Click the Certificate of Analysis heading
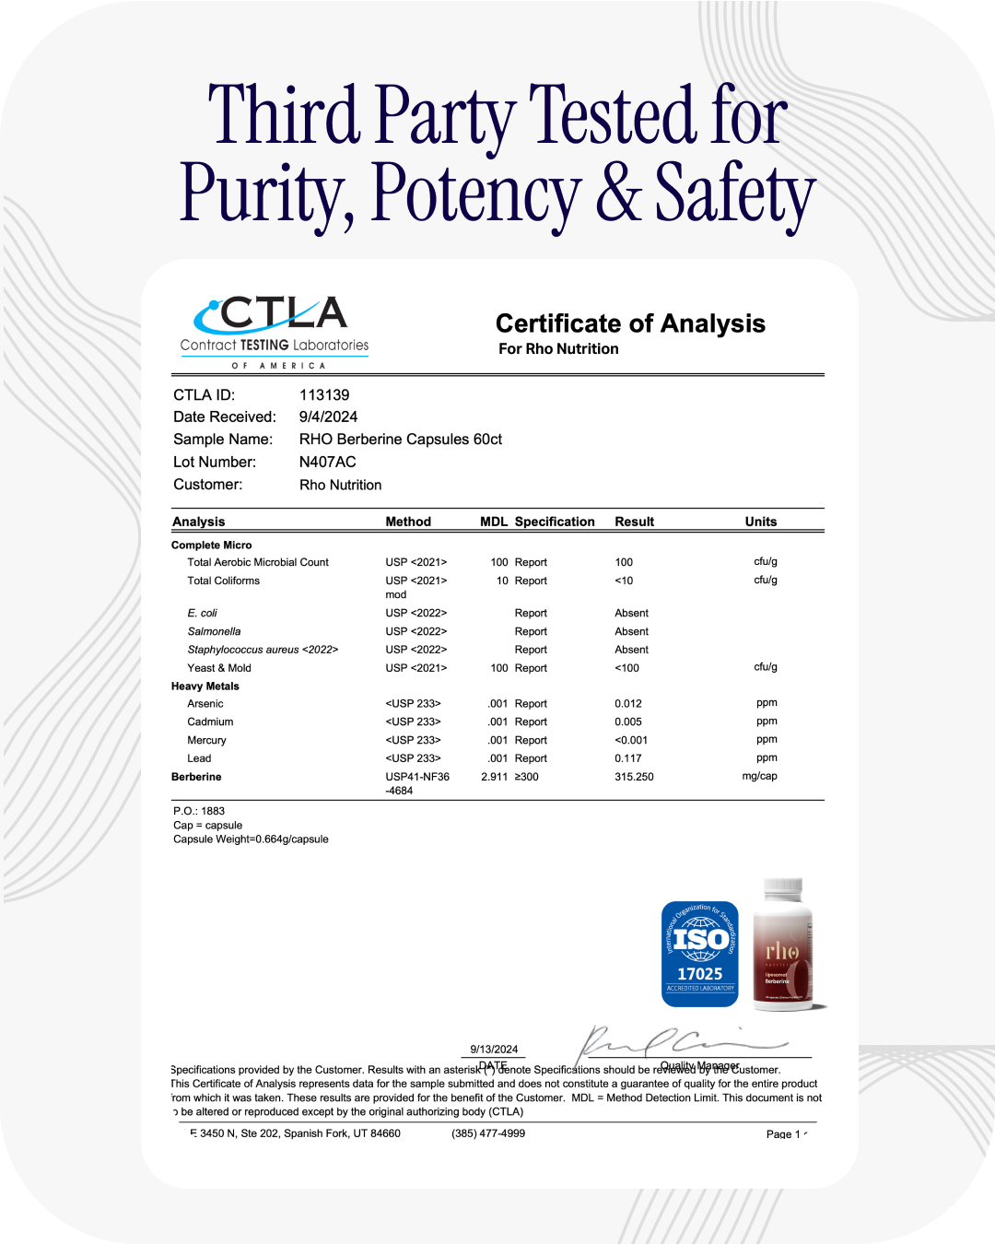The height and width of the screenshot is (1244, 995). click(x=630, y=323)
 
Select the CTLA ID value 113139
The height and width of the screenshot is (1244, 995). click(x=324, y=394)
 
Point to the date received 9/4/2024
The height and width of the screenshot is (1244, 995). click(x=328, y=417)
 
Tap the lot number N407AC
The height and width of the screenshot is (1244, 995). click(x=327, y=462)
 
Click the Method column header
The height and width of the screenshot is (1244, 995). click(x=408, y=522)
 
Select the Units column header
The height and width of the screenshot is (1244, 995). click(x=761, y=522)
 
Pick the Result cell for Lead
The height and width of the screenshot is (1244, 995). click(x=628, y=758)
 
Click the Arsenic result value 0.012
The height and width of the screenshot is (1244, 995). click(x=628, y=703)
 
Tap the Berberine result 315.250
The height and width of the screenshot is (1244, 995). click(x=634, y=777)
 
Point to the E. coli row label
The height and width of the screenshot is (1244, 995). click(x=203, y=613)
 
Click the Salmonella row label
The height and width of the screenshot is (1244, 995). click(x=214, y=631)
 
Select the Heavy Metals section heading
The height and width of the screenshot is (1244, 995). click(x=205, y=687)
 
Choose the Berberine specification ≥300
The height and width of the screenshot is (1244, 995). click(x=527, y=777)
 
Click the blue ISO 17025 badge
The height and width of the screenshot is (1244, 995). click(x=700, y=954)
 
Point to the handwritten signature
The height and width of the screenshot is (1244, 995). click(x=682, y=1043)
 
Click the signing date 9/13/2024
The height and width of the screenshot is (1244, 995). click(x=494, y=1049)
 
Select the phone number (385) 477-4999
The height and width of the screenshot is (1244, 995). click(x=488, y=1133)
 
